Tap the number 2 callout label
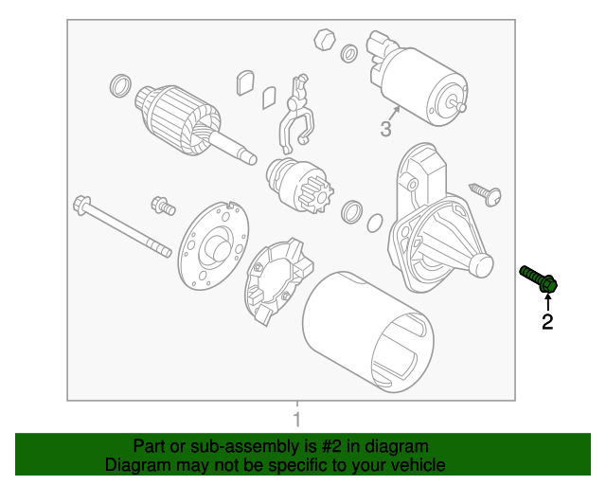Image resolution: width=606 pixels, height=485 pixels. click(x=547, y=322)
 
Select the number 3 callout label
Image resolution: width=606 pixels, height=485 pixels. click(x=386, y=129)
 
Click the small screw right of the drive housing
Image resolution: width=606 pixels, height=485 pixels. click(x=489, y=193)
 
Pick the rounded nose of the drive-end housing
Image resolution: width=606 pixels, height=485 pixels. click(x=480, y=268)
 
